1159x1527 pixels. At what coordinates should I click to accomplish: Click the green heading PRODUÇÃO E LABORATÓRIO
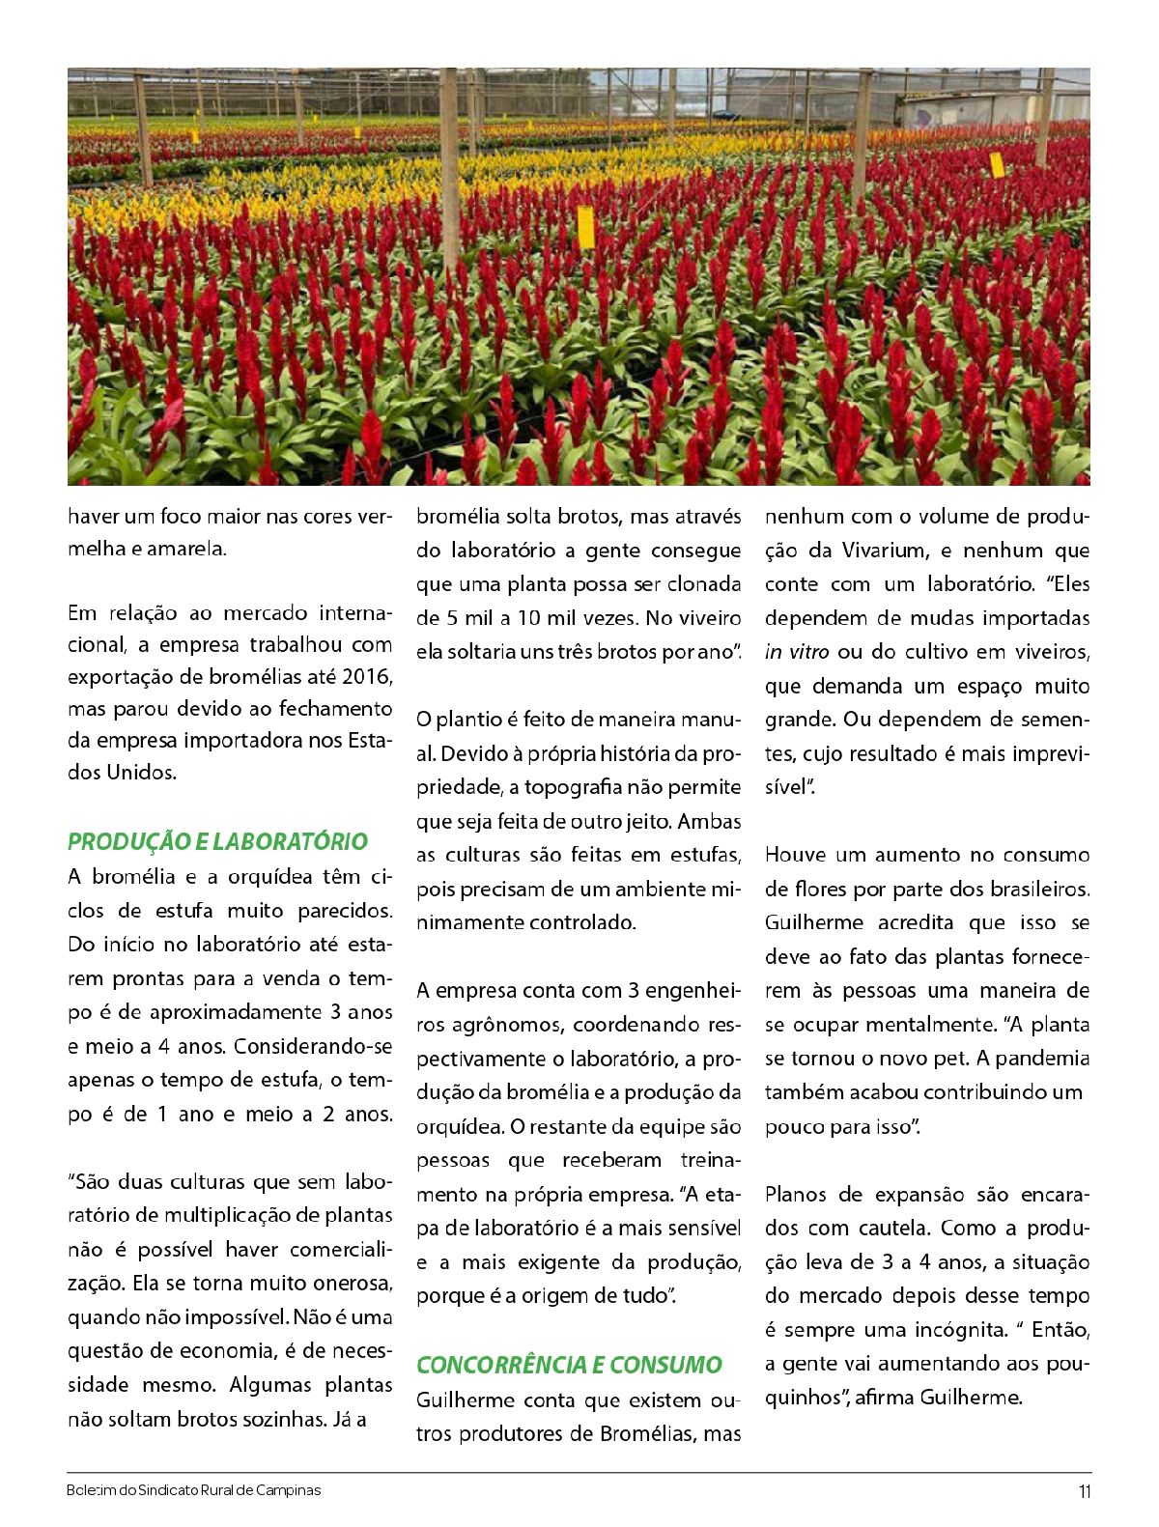coord(217,841)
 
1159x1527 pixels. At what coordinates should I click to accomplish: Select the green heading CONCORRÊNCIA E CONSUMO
coord(569,1365)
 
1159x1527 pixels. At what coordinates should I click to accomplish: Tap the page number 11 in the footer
coord(1085,1491)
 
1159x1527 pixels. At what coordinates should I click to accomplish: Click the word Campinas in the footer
coord(290,1490)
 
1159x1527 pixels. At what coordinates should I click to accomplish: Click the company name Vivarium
coord(882,551)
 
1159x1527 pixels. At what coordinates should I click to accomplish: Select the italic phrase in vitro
coord(797,652)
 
